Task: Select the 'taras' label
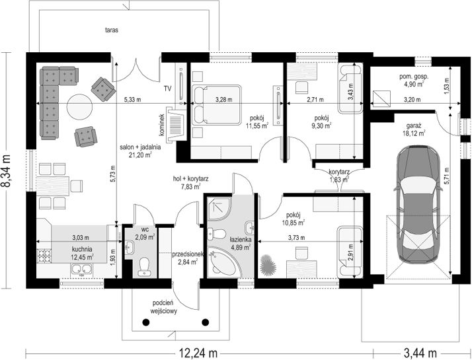click(x=111, y=30)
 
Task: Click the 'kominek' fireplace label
click(x=162, y=124)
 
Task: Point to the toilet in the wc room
click(x=145, y=266)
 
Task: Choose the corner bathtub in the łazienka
click(x=224, y=262)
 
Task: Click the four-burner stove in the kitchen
click(x=44, y=256)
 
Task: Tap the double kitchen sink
click(x=81, y=269)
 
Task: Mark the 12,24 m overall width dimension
click(x=198, y=353)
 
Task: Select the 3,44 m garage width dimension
click(x=420, y=353)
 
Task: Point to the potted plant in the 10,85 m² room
click(x=268, y=264)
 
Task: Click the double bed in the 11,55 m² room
click(x=216, y=104)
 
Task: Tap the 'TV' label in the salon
click(x=168, y=89)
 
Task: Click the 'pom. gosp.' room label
click(x=414, y=77)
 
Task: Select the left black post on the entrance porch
click(x=146, y=322)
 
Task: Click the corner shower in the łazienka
click(x=219, y=209)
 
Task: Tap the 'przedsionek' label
click(x=188, y=254)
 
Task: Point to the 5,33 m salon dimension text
click(x=132, y=100)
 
